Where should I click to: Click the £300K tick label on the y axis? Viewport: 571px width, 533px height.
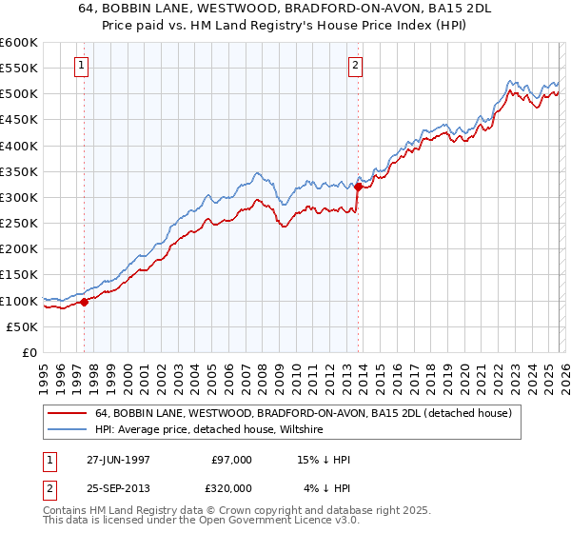19,197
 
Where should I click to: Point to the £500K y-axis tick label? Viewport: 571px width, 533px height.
19,94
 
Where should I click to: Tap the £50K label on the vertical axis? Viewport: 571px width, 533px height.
22,326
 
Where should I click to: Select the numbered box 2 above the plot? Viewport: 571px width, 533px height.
355,66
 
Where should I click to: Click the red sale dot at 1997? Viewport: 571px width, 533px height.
84,302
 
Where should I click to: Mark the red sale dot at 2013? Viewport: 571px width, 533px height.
358,187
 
